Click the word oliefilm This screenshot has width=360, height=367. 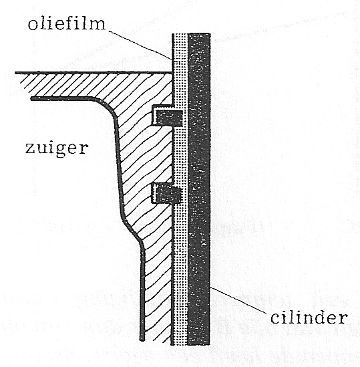(67, 23)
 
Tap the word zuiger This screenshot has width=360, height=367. (57, 149)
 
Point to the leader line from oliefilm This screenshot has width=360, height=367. (140, 45)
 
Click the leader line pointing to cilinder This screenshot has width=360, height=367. (238, 300)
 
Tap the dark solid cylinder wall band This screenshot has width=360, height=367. (199, 189)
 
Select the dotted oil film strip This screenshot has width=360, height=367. (181, 189)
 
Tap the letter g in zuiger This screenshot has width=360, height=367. (61, 150)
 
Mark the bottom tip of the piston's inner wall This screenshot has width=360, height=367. (142, 339)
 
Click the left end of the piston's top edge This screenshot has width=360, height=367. (16, 73)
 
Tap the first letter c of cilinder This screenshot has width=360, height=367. (275, 320)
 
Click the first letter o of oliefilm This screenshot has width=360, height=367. (32, 25)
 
